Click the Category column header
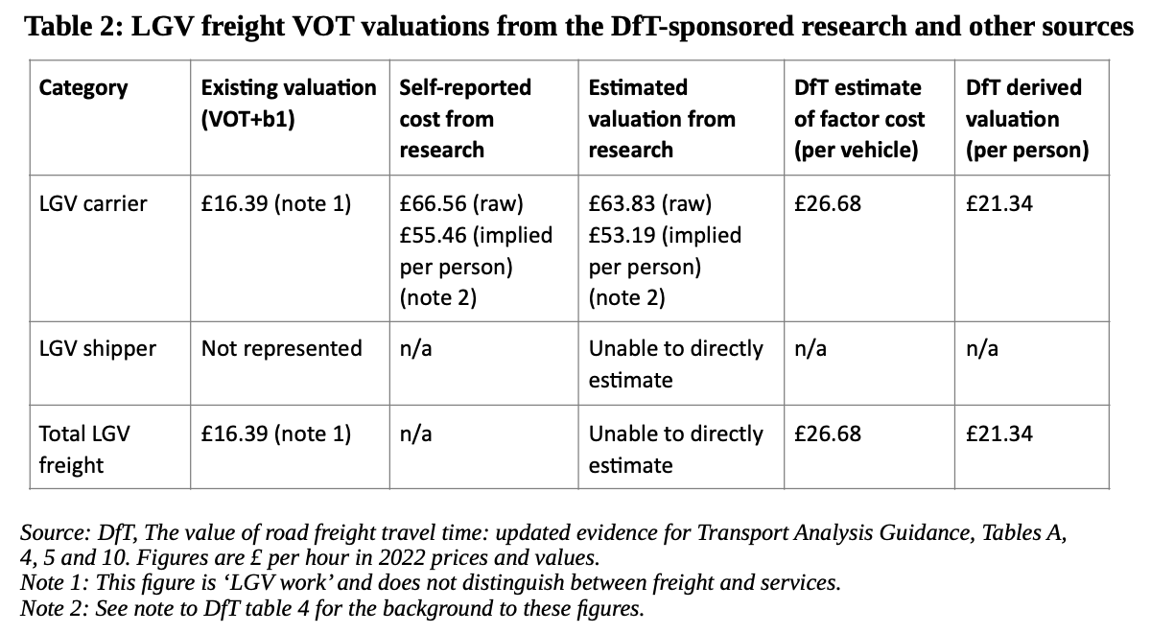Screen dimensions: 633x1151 [82, 87]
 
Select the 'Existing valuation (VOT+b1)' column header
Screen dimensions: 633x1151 [288, 103]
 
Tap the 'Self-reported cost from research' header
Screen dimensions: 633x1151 [464, 118]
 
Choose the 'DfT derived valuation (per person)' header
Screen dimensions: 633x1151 [1026, 118]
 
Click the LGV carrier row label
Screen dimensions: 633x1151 [93, 203]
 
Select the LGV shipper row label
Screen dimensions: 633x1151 [97, 348]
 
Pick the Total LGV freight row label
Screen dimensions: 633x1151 [84, 449]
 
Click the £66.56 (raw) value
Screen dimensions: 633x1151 [460, 203]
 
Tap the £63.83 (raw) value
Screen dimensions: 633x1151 [649, 203]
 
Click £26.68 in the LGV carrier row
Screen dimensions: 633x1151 [828, 203]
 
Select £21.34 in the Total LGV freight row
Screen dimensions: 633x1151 [999, 434]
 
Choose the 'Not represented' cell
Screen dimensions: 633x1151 [281, 348]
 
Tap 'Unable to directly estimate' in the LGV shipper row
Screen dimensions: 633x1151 [675, 363]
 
